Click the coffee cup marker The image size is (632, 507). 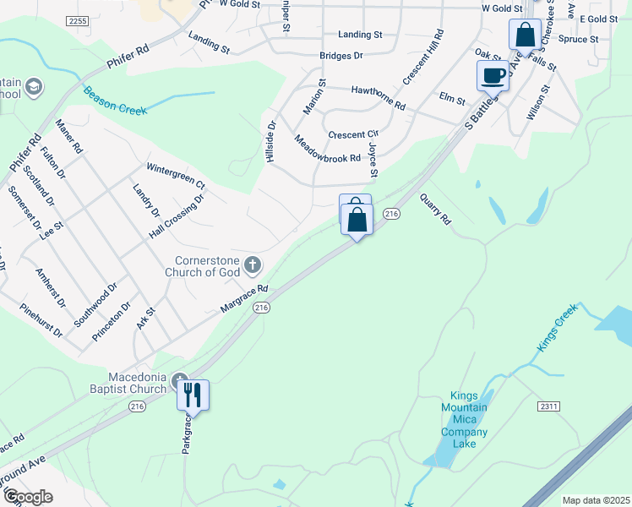tap(493, 75)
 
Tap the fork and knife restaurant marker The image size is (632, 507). tap(193, 395)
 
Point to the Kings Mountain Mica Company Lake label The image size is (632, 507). tap(464, 420)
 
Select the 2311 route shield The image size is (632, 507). tap(548, 406)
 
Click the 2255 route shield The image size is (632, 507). tap(77, 20)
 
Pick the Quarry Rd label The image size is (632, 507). tap(435, 209)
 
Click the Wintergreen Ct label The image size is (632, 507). tap(176, 174)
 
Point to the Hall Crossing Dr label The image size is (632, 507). tap(177, 217)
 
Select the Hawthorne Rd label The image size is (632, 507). tap(378, 95)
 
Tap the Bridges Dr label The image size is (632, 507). tap(341, 56)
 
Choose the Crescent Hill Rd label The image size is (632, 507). tap(423, 57)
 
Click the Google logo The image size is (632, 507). tap(28, 497)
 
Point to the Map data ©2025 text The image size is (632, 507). tap(596, 500)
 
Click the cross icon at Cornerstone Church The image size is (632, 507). tap(252, 267)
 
